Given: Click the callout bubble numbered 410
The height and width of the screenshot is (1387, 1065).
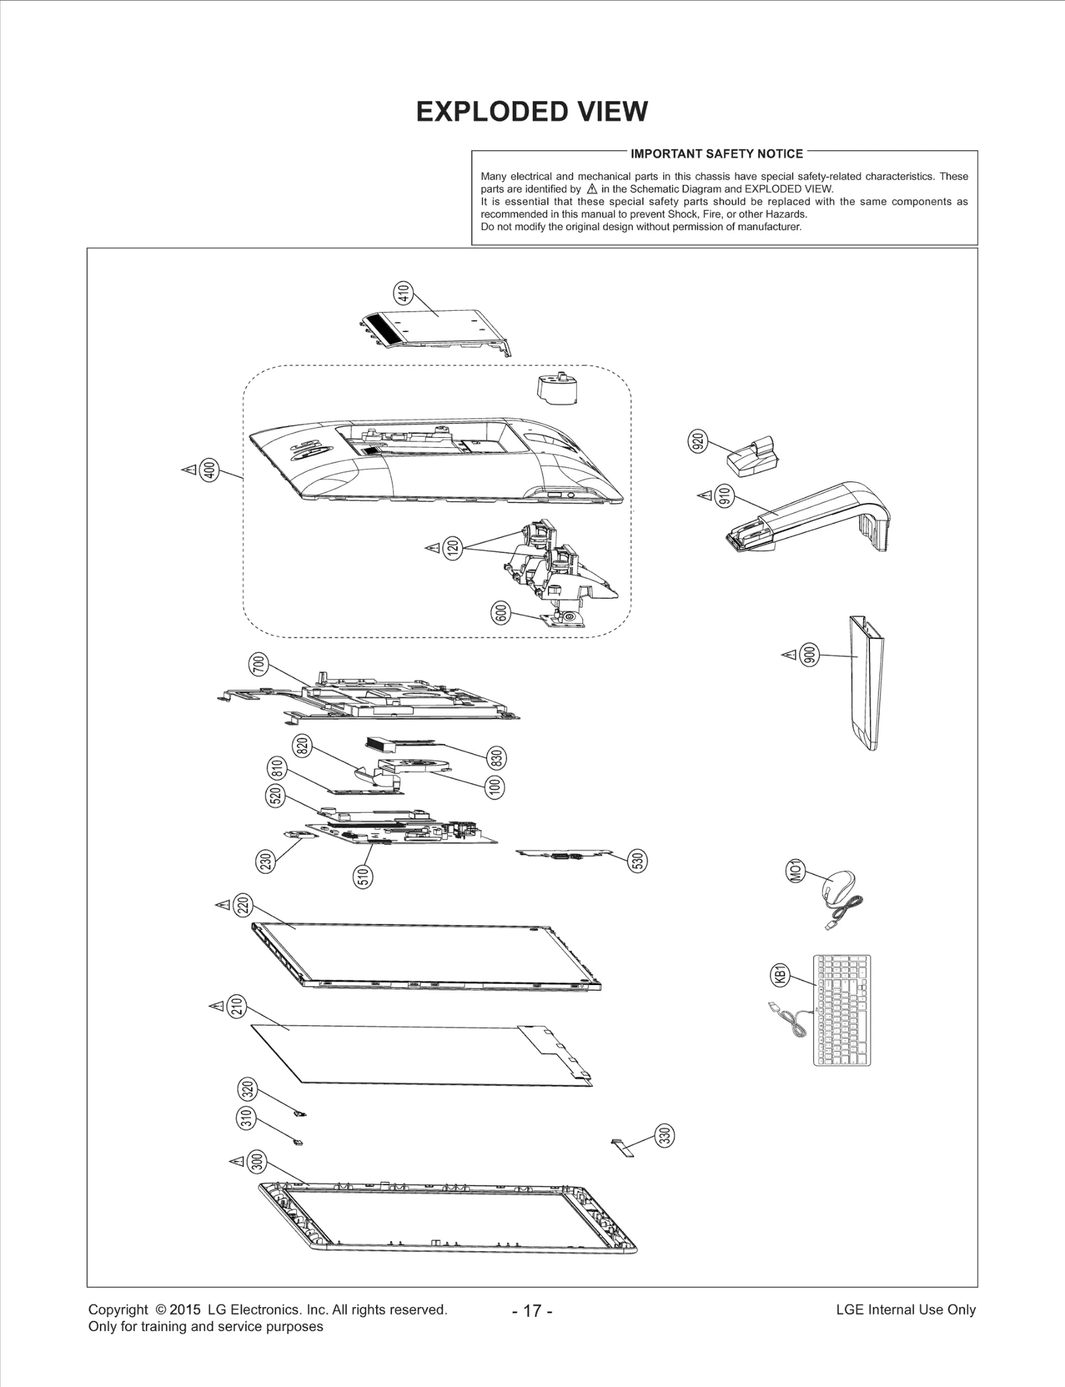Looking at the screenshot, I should pos(403,292).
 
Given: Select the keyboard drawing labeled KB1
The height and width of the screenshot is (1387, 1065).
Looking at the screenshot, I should pos(841,1010).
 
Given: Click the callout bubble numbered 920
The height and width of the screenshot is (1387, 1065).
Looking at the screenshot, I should pos(698,441).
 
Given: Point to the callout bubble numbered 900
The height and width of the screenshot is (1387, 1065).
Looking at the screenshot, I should pos(809,655).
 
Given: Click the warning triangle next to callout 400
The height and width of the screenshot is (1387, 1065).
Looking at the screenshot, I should pos(189,471).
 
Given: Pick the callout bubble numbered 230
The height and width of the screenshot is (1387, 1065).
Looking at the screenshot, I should pos(265,862).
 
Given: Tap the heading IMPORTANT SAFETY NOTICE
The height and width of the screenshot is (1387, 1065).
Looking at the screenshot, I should pos(716,154).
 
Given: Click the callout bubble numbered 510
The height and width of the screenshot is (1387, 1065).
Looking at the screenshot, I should pos(363,877).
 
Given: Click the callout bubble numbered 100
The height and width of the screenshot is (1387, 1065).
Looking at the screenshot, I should pos(495,787).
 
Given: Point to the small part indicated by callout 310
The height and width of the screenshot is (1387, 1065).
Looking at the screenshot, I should pos(298,1142).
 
